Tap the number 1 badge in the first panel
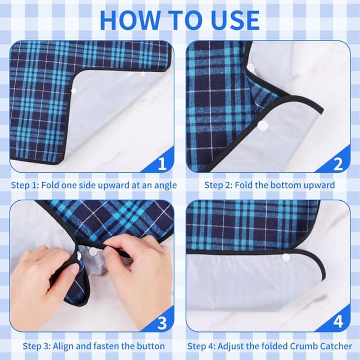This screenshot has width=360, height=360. [162, 163]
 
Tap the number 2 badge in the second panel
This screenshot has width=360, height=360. [338, 164]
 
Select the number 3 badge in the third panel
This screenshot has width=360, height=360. [162, 323]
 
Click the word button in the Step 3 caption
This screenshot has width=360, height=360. [151, 346]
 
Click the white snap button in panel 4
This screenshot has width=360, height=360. [286, 257]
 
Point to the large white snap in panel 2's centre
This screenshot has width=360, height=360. [263, 125]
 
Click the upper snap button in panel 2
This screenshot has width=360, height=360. [251, 67]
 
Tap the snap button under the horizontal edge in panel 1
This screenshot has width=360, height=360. [143, 74]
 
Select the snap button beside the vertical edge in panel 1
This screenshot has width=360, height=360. [74, 91]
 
